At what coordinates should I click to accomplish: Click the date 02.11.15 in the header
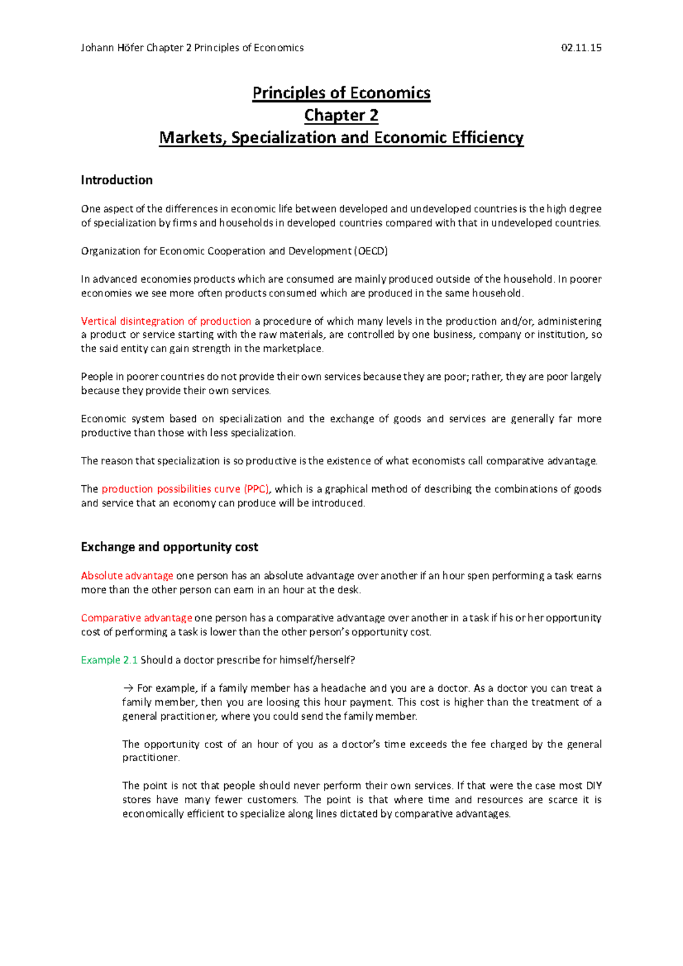tap(581, 48)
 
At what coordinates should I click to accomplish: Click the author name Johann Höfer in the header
tap(112, 48)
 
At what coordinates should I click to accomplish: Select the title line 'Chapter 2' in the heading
tap(341, 115)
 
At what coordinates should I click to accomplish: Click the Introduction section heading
tap(117, 180)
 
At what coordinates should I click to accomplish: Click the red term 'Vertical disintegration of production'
tap(166, 321)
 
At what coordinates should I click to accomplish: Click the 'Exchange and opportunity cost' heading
tap(169, 547)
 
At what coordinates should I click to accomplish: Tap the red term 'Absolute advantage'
tap(127, 576)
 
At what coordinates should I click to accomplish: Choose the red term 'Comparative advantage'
tap(137, 618)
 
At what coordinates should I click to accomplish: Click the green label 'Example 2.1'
tap(109, 660)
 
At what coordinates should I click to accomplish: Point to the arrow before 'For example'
tap(127, 688)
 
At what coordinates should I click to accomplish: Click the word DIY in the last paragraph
tap(593, 786)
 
